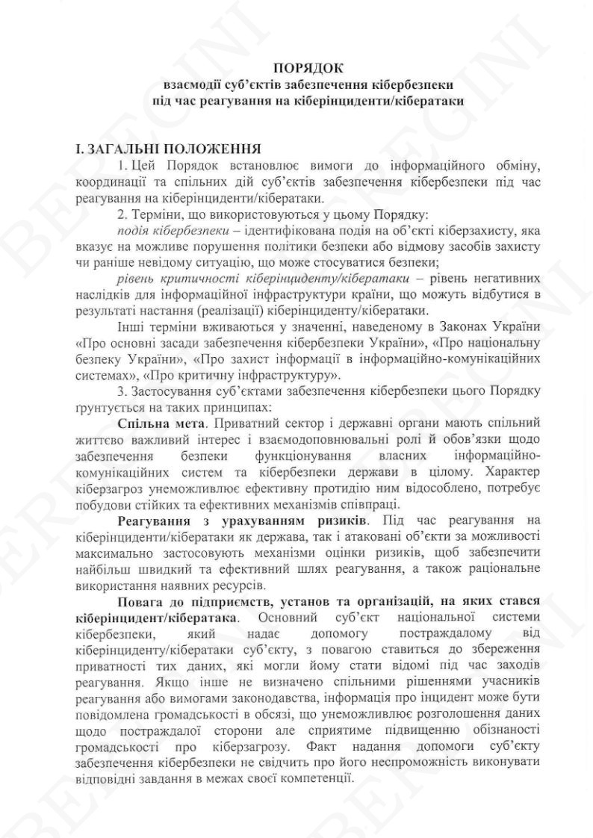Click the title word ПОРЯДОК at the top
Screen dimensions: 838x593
(296, 69)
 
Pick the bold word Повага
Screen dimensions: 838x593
(141, 600)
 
